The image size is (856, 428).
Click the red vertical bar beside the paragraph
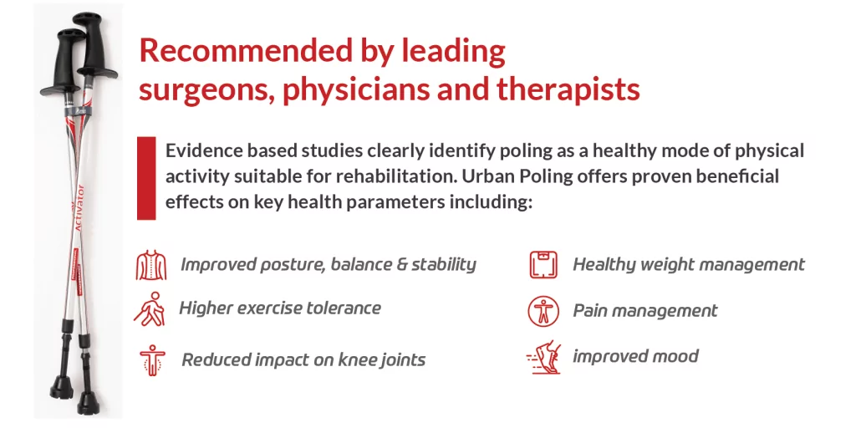(146, 178)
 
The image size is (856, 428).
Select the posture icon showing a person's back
(151, 265)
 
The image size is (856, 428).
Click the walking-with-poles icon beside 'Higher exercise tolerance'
(150, 309)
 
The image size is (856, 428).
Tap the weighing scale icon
(543, 264)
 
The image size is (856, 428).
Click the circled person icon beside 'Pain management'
(543, 311)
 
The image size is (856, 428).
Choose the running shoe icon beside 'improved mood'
(543, 357)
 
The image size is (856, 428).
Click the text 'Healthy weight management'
(689, 265)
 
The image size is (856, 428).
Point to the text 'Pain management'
(645, 311)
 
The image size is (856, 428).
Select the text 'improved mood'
(635, 356)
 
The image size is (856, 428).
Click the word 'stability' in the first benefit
(443, 264)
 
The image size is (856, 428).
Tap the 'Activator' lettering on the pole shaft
(79, 208)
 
